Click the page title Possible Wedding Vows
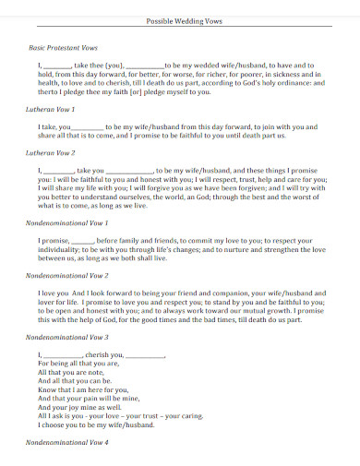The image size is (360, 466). point(179,20)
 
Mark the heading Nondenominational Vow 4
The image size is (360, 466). point(67,443)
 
